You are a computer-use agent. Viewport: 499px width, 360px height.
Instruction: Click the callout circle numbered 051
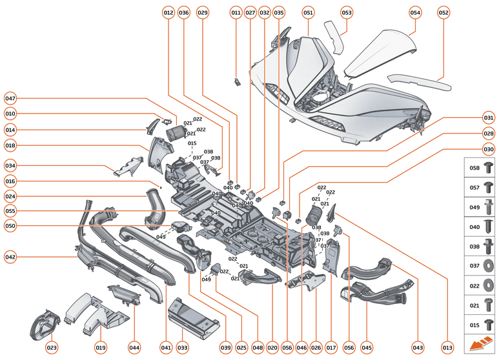[x=308, y=12]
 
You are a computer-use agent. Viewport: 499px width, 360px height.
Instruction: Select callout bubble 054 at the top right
[x=415, y=12]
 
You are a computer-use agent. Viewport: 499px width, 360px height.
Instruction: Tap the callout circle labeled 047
[x=10, y=99]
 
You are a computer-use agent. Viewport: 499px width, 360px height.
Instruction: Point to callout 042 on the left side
[x=10, y=256]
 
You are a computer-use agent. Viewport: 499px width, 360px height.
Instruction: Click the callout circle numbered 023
[x=52, y=348]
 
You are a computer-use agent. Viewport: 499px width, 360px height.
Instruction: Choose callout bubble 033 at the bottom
[x=183, y=348]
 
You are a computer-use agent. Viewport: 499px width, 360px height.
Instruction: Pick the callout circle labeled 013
[x=446, y=348]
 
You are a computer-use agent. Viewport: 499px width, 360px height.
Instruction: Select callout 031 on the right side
[x=489, y=118]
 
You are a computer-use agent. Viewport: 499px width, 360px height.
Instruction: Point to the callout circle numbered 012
[x=168, y=12]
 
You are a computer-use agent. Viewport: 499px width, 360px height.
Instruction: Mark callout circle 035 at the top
[x=278, y=12]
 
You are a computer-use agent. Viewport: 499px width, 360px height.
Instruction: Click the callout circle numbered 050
[x=10, y=226]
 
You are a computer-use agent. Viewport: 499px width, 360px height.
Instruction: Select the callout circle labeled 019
[x=101, y=348]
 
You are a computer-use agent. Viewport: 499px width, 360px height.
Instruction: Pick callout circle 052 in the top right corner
[x=443, y=12]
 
